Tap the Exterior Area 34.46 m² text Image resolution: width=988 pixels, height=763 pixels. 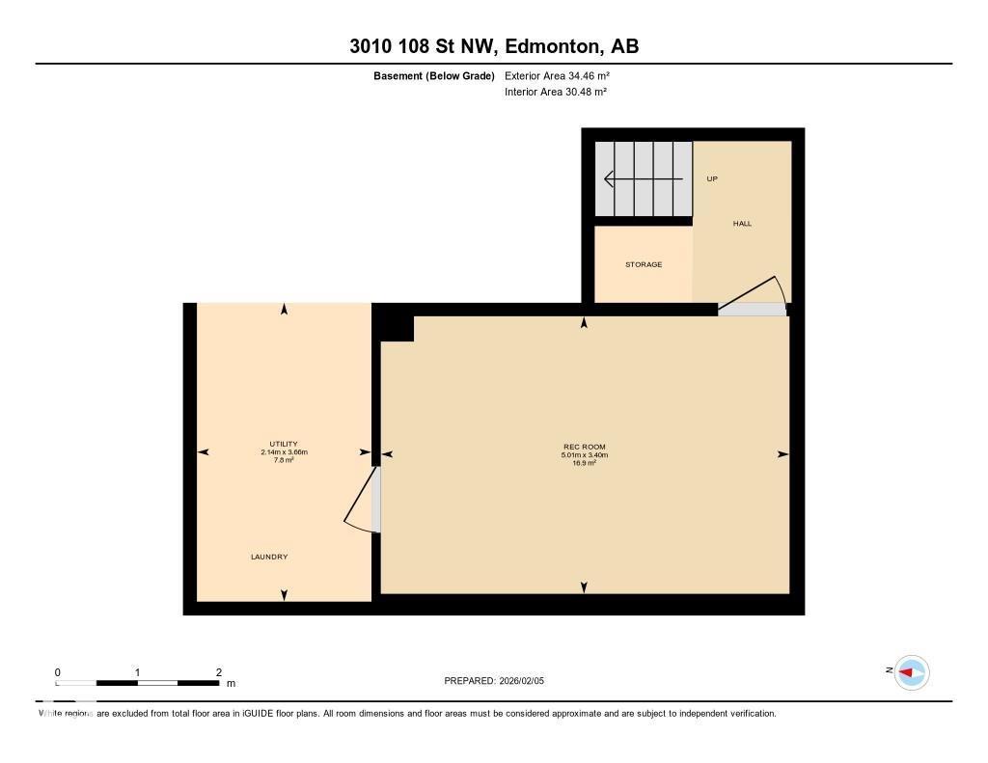(x=557, y=75)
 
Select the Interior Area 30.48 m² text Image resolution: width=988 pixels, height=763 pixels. (x=556, y=93)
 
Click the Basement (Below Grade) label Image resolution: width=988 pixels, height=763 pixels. (x=434, y=75)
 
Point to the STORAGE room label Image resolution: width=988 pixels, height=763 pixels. (x=644, y=264)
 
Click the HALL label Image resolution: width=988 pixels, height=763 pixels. (x=742, y=224)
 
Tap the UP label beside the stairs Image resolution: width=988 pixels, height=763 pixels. (x=712, y=179)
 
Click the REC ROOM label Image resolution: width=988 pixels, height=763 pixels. (x=585, y=447)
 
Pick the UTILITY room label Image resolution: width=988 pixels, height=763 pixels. (x=284, y=444)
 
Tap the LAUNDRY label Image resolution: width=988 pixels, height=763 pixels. (x=269, y=557)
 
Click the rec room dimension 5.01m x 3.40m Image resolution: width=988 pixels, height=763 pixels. (x=585, y=455)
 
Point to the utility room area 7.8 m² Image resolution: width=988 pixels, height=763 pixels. (x=284, y=460)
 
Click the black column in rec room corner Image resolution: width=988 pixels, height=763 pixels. (x=397, y=328)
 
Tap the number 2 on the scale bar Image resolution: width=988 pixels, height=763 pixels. (x=219, y=672)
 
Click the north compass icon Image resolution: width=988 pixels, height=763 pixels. (x=911, y=672)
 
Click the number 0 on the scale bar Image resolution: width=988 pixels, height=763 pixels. (x=58, y=672)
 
